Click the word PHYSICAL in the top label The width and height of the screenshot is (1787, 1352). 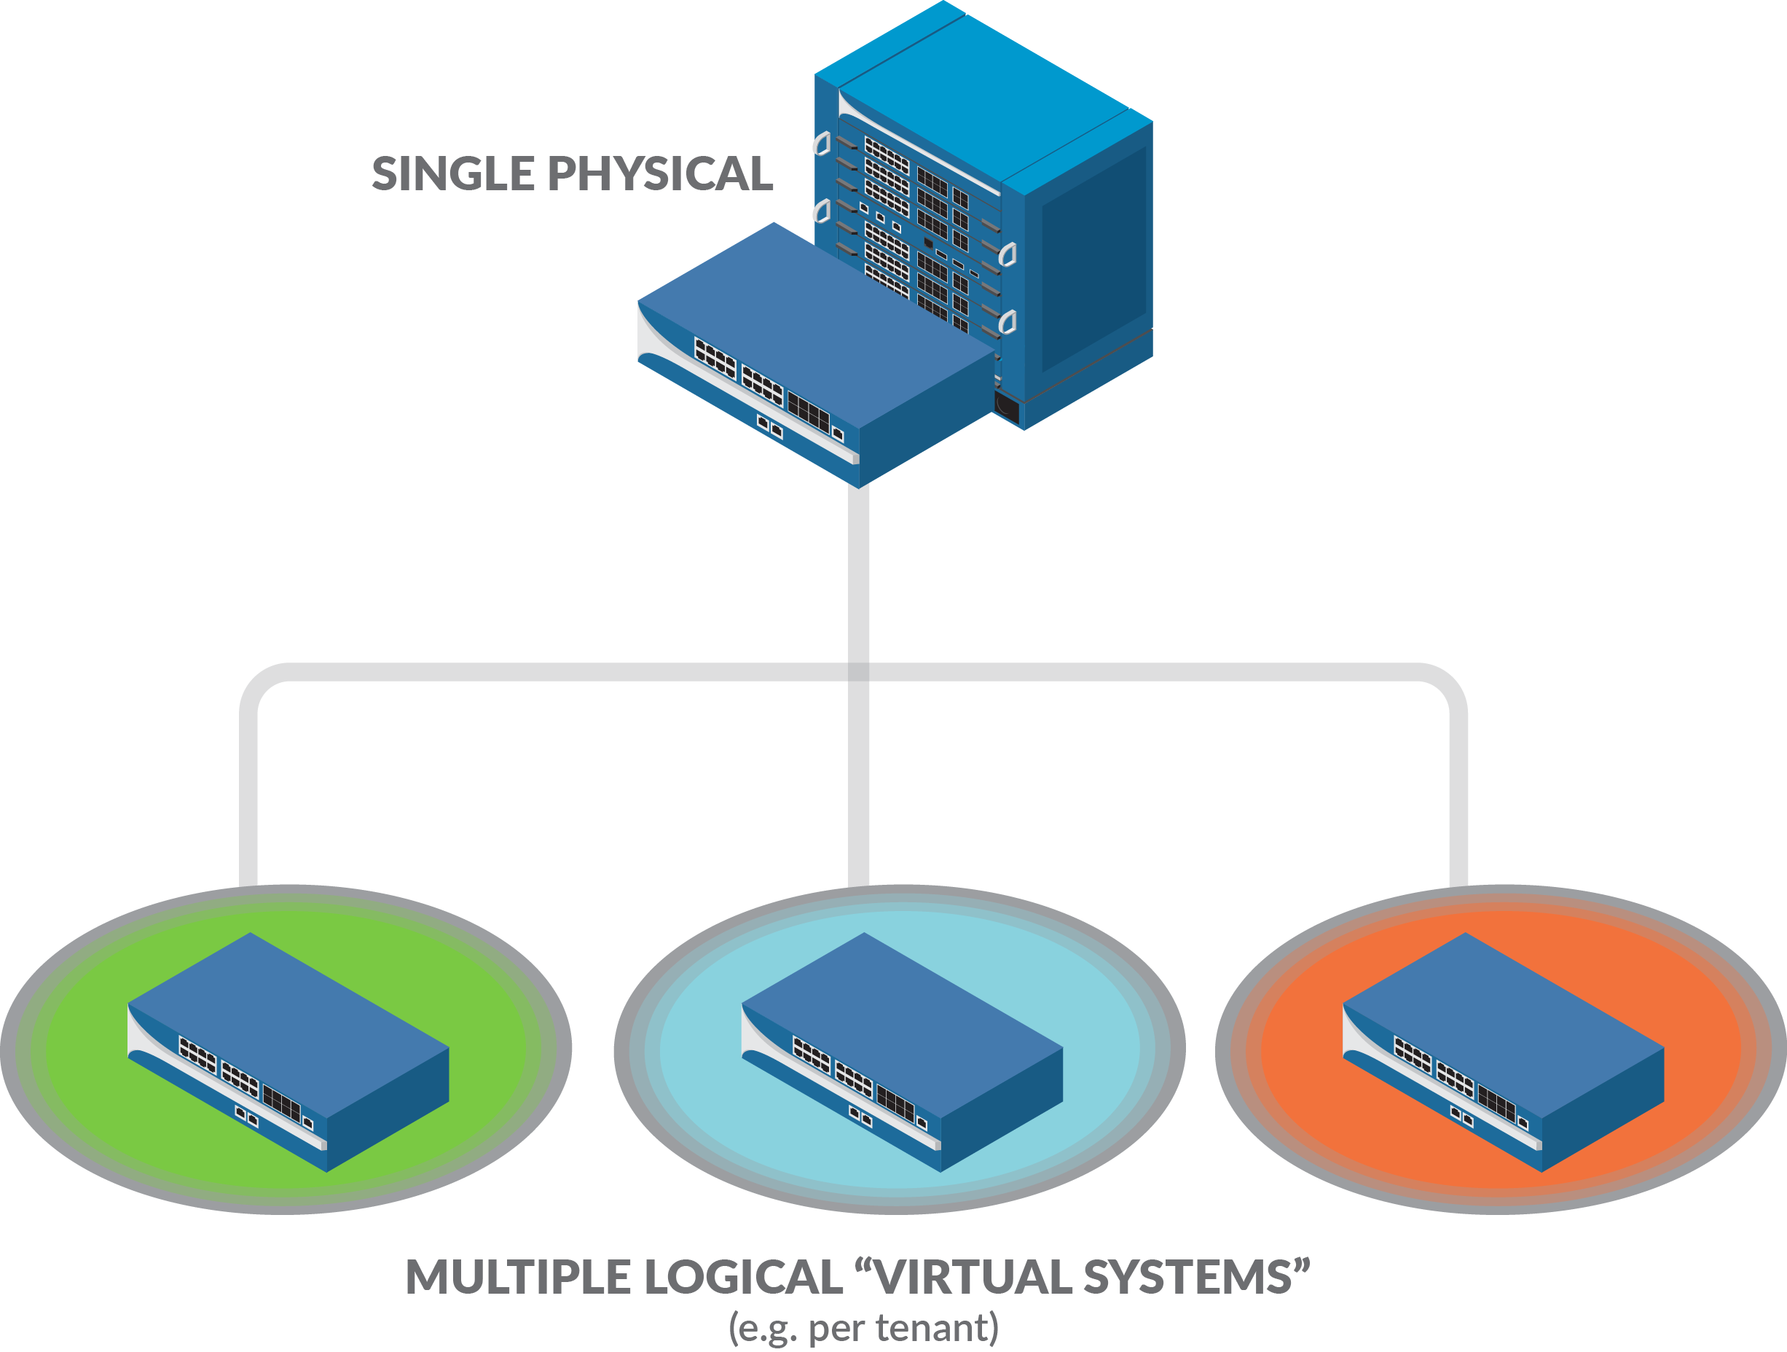660,173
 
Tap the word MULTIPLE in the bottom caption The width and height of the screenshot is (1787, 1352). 518,1277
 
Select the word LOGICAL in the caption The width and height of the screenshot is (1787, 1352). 743,1277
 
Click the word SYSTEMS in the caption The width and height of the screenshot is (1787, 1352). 1187,1277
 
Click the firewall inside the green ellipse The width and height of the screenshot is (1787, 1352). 288,1050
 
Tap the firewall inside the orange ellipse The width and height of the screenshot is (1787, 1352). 1503,1050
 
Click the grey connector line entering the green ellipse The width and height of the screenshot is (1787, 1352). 249,808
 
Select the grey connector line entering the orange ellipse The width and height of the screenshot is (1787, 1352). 1458,808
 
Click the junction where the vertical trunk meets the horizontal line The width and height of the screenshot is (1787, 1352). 859,673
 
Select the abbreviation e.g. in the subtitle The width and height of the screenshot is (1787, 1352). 764,1329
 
